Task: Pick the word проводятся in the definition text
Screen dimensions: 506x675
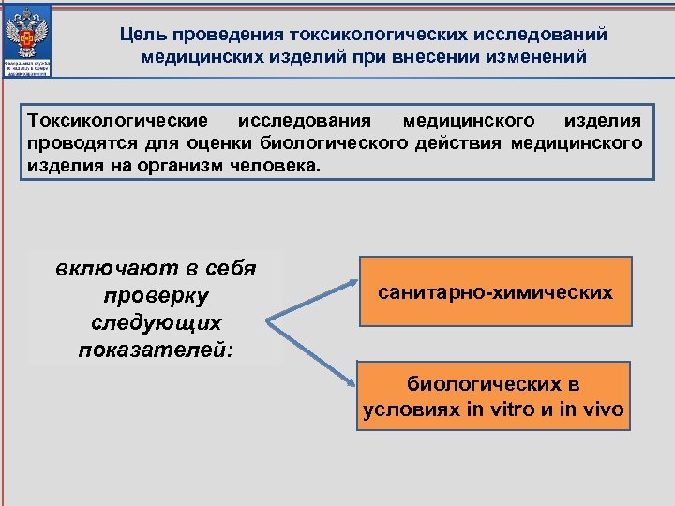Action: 76,143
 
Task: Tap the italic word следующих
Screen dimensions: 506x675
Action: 156,323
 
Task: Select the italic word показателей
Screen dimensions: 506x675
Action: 154,350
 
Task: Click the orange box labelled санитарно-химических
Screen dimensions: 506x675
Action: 496,291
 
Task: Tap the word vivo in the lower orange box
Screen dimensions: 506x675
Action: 604,409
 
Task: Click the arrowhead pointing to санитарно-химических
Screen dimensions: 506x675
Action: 352,280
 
